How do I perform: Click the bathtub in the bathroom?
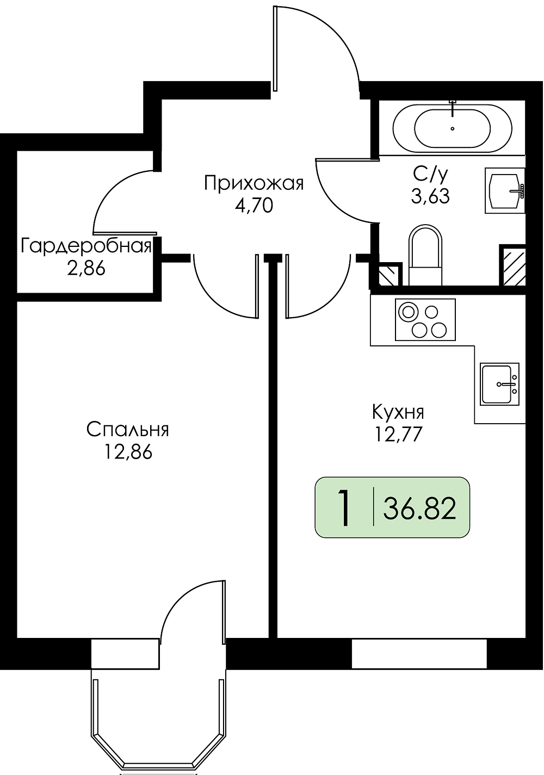click(452, 127)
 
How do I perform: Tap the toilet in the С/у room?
click(425, 255)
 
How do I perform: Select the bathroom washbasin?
click(505, 190)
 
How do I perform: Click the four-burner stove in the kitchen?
click(425, 320)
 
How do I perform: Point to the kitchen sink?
click(499, 384)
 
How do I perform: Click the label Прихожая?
click(254, 183)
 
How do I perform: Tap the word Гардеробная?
click(86, 247)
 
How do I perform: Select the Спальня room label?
click(128, 430)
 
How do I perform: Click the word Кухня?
click(398, 412)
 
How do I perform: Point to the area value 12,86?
click(128, 452)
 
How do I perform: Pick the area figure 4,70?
click(254, 206)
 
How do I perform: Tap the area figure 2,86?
click(86, 269)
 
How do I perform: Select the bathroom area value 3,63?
click(430, 196)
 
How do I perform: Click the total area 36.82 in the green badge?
click(419, 509)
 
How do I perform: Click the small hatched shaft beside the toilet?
click(390, 274)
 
